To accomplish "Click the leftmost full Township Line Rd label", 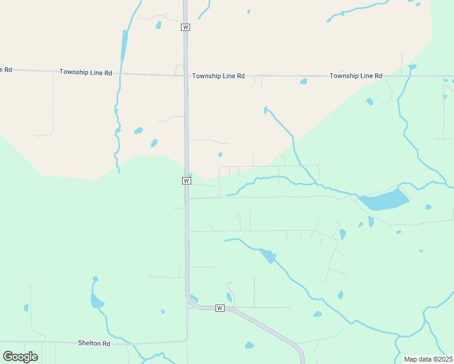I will pos(86,72).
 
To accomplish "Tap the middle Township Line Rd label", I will pos(218,76).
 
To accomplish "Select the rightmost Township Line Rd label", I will pos(356,76).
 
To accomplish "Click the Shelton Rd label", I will pos(94,343).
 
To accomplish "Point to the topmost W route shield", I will pos(186,27).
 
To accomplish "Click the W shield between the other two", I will pos(186,181).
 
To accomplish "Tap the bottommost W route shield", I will pos(220,308).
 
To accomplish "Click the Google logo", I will pos(20,356).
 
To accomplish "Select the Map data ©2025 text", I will pos(427,359).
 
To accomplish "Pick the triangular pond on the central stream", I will pos(268,256).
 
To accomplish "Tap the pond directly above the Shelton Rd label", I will pos(96,300).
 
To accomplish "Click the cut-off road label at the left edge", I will pos(5,69).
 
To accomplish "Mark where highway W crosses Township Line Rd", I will pos(186,75).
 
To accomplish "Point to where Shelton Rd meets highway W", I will pos(187,341).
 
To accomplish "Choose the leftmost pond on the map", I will pos(26,308).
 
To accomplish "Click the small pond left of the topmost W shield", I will pos(158,25).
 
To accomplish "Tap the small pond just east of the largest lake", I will pos(429,207).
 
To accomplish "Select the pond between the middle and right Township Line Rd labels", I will pos(303,81).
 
